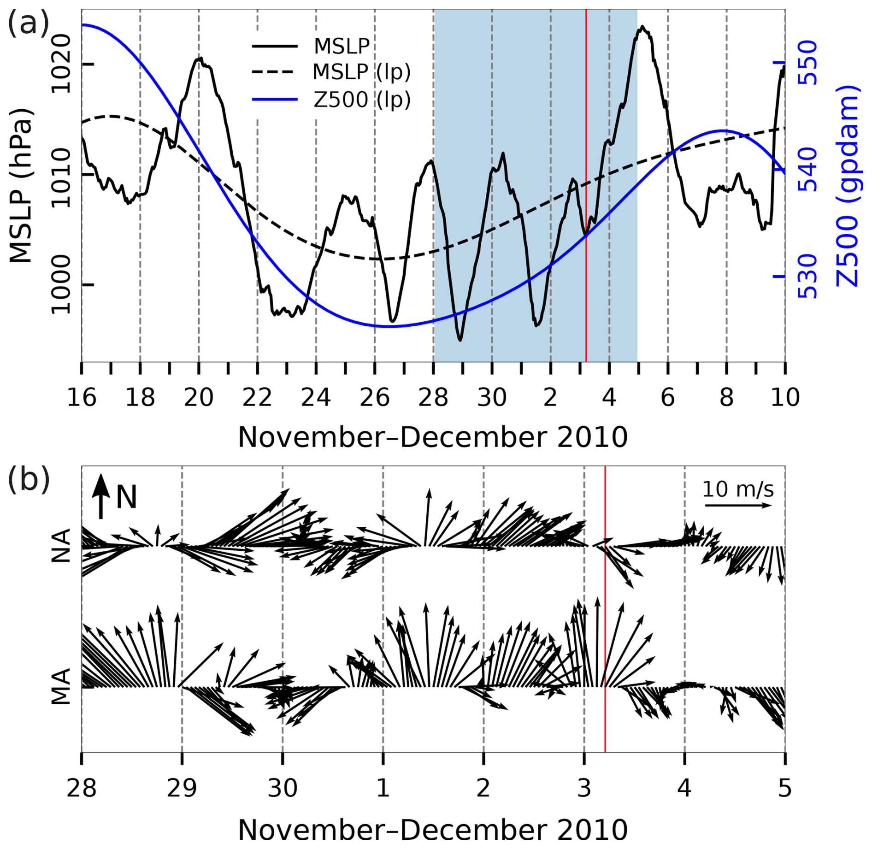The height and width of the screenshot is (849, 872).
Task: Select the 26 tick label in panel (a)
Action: [x=374, y=397]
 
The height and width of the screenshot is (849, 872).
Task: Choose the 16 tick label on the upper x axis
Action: [x=82, y=397]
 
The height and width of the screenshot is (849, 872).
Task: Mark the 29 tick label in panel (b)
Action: [x=182, y=788]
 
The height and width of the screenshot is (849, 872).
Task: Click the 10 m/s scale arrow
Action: [x=738, y=506]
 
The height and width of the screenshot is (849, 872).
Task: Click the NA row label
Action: [x=61, y=546]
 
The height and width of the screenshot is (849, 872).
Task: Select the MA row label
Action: [x=61, y=687]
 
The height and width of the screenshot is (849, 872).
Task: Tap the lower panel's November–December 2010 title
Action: [x=432, y=830]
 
